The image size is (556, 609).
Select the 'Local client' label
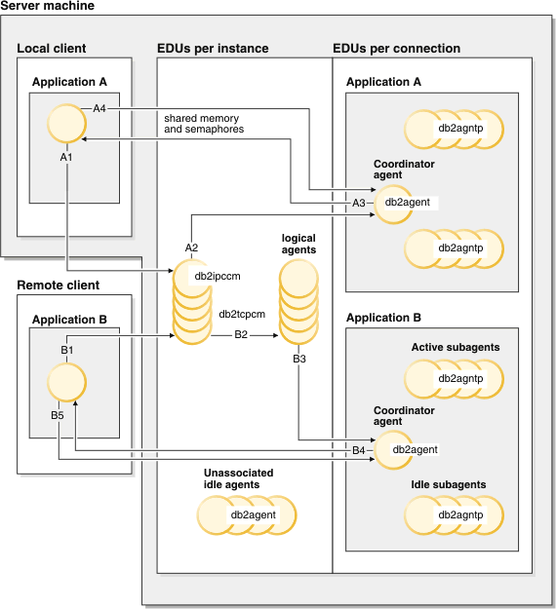[51, 49]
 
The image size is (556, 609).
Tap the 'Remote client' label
[58, 285]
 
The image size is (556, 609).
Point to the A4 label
[100, 107]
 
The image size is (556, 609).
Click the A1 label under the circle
[66, 156]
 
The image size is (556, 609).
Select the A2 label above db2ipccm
[191, 248]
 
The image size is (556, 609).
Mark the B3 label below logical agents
[299, 359]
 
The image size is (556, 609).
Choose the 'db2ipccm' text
[218, 276]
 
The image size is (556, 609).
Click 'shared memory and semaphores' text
[204, 124]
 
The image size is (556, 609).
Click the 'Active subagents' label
[456, 347]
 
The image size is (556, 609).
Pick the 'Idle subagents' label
[449, 484]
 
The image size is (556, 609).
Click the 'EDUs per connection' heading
[396, 49]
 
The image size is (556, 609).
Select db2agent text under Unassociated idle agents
[254, 514]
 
